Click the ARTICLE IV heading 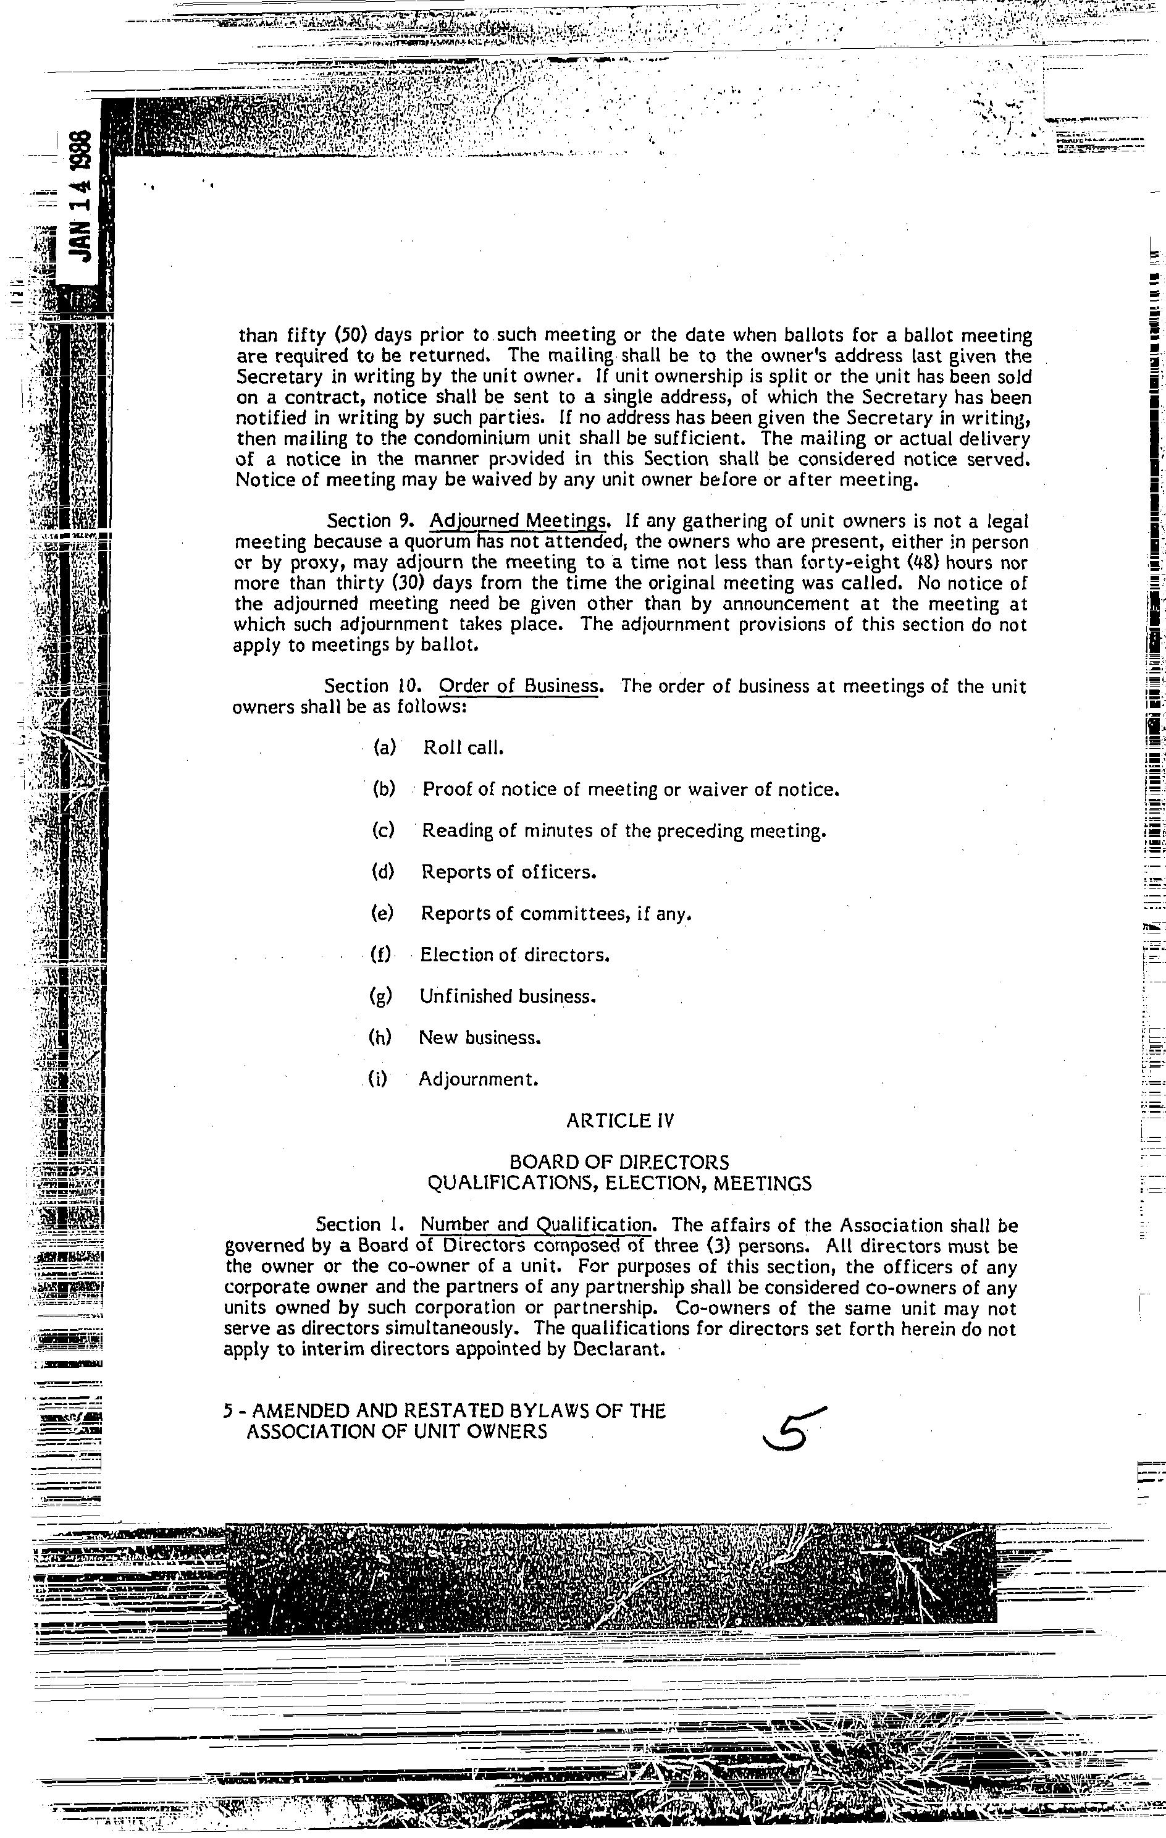621,1121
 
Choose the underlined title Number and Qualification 537,1225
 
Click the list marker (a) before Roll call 385,748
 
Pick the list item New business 480,1038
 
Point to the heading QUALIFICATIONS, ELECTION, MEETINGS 619,1184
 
